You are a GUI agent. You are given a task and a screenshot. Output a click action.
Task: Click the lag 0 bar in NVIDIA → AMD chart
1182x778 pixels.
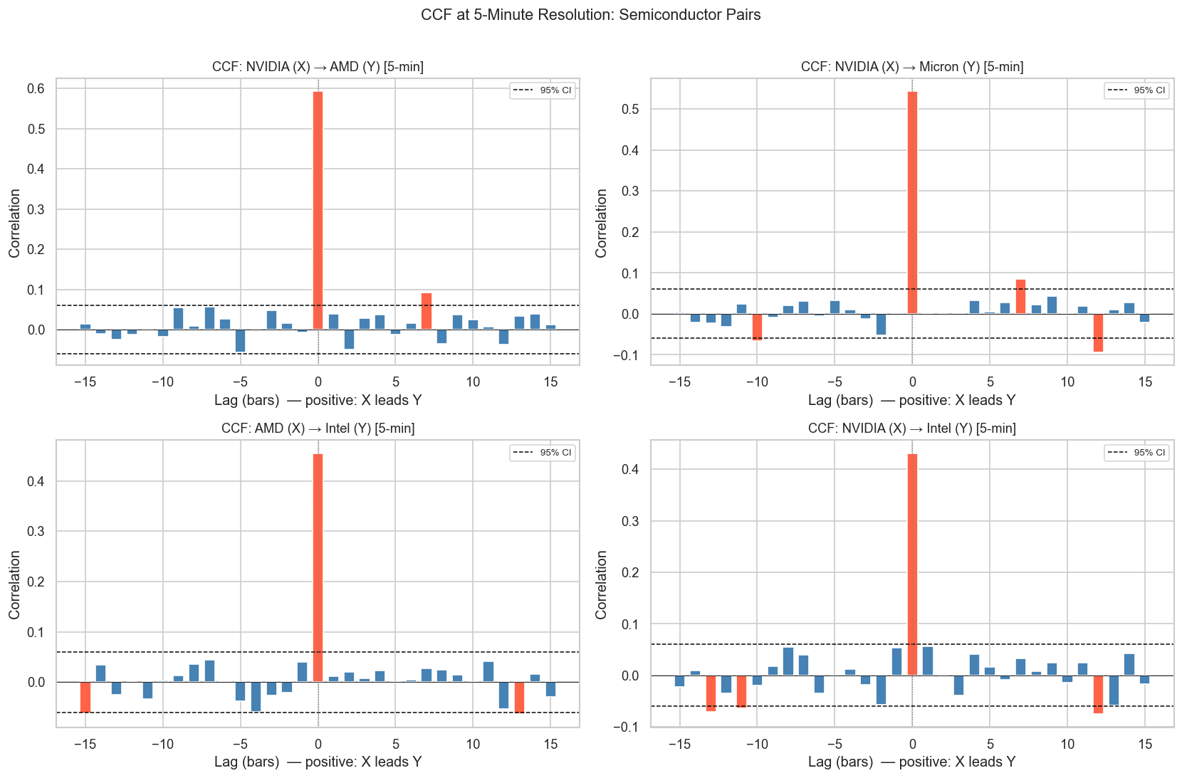pos(318,211)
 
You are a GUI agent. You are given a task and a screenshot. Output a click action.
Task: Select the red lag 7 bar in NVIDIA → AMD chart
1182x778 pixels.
pos(427,311)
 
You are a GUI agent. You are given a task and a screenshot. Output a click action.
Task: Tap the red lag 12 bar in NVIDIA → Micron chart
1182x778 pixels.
pos(1098,332)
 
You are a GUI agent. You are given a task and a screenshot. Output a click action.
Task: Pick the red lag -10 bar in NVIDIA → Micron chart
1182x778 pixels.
pos(757,327)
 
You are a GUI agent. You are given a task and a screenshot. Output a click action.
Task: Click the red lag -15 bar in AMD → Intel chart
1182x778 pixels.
pos(85,697)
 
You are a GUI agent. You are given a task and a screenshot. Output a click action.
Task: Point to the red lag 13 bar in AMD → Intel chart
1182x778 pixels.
pos(519,697)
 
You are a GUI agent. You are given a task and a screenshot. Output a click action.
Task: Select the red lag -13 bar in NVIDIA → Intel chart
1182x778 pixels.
pos(711,693)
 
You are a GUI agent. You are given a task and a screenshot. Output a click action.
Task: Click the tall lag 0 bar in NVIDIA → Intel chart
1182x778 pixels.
pos(912,564)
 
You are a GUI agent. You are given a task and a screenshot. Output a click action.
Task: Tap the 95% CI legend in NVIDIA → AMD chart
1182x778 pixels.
pos(542,90)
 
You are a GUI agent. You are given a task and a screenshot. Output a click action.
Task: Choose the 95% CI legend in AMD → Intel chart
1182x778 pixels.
pos(542,453)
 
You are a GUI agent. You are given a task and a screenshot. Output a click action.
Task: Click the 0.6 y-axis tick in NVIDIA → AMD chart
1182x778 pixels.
pos(36,89)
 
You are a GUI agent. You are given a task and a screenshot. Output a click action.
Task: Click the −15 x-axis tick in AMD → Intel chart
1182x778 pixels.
pos(85,745)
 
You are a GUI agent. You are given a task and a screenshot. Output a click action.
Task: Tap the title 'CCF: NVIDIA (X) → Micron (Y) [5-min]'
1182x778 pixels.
pos(912,67)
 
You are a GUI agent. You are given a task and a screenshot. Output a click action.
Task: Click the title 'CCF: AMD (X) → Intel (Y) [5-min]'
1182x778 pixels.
pos(318,429)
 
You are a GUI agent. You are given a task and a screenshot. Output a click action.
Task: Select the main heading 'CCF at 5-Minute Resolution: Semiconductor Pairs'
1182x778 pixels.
pos(591,15)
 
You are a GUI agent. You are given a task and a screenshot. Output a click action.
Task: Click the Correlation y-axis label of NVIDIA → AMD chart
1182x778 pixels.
pos(15,223)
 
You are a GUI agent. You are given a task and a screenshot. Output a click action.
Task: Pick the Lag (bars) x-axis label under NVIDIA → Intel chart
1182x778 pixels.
pos(911,762)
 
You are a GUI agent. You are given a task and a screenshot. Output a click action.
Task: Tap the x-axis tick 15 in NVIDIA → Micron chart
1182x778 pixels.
pos(1145,382)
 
